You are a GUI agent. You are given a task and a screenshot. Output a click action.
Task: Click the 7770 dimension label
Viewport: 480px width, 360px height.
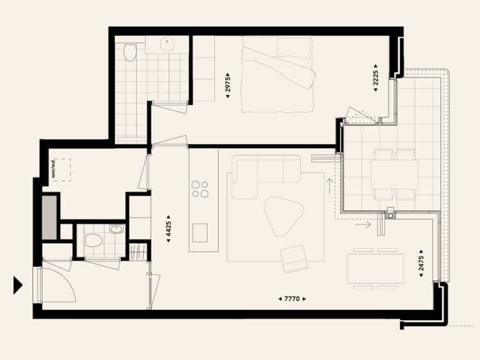coord(292,299)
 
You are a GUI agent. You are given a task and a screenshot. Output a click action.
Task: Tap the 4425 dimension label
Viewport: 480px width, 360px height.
coord(168,229)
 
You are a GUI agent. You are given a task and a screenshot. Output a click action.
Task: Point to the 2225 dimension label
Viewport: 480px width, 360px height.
coord(376,77)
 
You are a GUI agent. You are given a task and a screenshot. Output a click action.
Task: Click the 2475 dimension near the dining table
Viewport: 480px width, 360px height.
coord(421,263)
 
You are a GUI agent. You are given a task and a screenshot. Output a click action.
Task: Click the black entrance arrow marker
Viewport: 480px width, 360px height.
coord(17,285)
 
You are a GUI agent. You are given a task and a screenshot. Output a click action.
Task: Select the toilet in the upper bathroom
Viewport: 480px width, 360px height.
coord(130,52)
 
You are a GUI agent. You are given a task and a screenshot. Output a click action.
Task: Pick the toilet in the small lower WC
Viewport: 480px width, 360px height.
coord(94,241)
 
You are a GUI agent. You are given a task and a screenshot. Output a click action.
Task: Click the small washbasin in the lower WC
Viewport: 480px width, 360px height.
coord(117,229)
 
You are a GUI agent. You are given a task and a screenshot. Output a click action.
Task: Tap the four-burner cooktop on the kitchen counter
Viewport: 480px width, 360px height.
coord(199,189)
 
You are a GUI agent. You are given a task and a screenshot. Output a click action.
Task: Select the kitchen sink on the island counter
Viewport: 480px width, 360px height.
coord(200,232)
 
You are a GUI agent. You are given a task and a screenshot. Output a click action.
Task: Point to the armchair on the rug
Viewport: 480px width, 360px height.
coord(294,259)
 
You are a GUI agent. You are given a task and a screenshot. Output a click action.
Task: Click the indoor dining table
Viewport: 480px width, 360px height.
coord(376,269)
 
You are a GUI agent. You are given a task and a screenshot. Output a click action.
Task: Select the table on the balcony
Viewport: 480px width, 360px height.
coord(394,175)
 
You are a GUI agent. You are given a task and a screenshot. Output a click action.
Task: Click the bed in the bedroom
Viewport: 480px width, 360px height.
coord(278,75)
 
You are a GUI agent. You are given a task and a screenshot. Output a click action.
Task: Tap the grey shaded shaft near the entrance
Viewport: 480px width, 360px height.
coord(49,217)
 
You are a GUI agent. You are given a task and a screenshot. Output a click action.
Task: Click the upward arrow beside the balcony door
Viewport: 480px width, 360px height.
coord(330,186)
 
